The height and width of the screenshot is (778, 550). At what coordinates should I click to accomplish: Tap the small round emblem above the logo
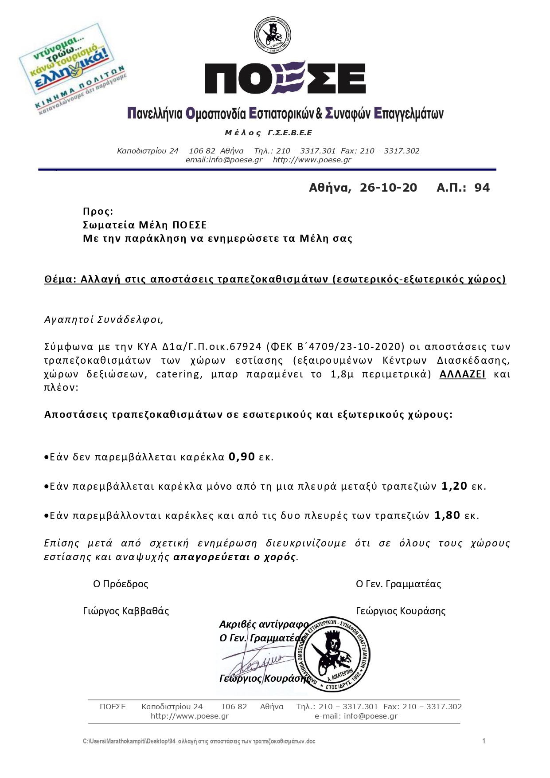272,35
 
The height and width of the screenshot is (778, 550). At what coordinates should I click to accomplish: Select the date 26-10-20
388,188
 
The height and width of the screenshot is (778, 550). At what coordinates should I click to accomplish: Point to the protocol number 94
482,188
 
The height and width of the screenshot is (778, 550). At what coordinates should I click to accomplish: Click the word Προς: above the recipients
98,211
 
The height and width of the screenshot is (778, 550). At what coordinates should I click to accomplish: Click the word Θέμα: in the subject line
60,279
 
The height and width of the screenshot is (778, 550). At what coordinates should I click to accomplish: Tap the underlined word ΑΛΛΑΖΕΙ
462,374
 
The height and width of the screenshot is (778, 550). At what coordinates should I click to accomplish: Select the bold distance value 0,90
242,456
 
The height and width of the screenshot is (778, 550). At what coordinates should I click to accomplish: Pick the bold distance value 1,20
454,486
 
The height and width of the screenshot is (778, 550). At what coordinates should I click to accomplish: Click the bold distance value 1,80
447,515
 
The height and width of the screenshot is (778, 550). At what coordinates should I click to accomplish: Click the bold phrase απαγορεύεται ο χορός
234,557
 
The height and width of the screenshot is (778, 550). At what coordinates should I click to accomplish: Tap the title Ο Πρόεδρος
121,584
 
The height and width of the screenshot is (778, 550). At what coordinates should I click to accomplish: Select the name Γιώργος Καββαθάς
126,611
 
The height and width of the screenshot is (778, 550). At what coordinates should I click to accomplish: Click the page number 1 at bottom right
484,741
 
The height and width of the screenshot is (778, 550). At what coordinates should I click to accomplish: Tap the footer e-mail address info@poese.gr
371,715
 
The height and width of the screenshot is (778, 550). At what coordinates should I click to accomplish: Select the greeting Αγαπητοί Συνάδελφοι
104,319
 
